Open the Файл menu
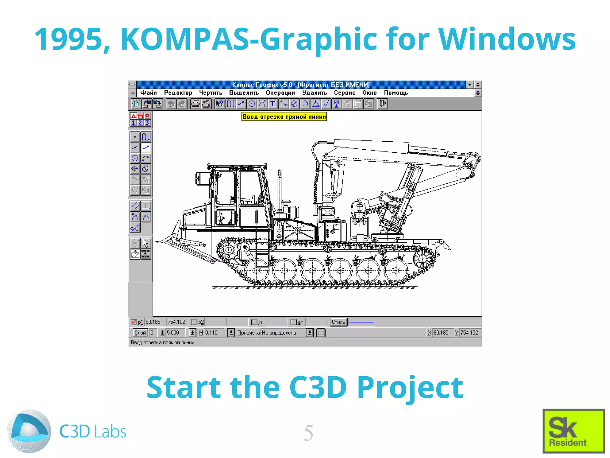[148, 93]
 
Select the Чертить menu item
[210, 93]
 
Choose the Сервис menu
[344, 93]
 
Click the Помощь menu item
[396, 93]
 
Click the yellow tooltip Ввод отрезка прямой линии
[284, 117]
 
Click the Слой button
[140, 332]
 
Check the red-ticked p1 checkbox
[134, 322]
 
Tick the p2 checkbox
[194, 322]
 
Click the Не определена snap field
[283, 332]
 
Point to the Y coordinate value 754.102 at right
[469, 332]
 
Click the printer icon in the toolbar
[195, 104]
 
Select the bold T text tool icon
[272, 104]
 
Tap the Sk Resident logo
[573, 431]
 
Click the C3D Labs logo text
[93, 431]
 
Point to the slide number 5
[308, 433]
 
